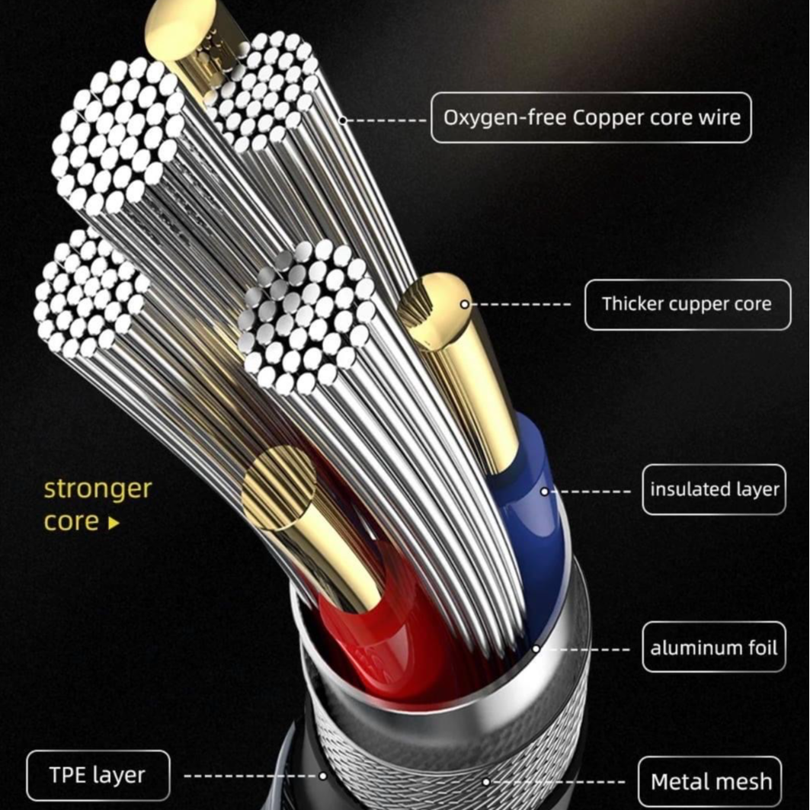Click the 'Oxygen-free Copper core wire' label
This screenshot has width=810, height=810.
point(591,118)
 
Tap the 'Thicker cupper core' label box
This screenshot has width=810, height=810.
point(687,304)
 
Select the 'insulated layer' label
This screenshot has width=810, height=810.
point(714,489)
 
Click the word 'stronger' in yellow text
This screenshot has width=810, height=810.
point(98,488)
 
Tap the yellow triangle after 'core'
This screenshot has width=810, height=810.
point(114,523)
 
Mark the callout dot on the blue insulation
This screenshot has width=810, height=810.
point(544,491)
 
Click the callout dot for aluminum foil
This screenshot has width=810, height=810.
point(536,649)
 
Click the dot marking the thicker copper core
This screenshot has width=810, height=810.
point(464,304)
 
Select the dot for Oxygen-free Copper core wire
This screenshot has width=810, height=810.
point(343,120)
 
